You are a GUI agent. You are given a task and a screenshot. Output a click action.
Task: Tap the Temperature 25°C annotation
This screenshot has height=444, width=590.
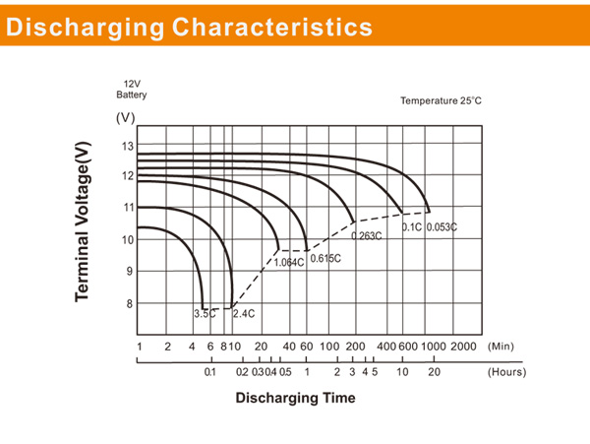(441, 101)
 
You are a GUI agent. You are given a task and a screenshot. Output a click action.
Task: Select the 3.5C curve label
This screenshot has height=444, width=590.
(204, 314)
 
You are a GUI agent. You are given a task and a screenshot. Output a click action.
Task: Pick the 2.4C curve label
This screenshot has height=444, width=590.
(243, 314)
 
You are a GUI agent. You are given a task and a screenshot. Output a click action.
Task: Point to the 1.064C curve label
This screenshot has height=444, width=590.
(288, 262)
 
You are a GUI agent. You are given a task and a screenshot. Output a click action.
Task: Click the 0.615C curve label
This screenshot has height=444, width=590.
(325, 259)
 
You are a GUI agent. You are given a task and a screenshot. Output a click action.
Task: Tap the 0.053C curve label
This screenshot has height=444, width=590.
(442, 227)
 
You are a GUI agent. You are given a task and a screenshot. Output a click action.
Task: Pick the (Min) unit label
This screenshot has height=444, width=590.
(501, 347)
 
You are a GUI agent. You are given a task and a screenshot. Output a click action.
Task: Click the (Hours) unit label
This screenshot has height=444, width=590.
(506, 373)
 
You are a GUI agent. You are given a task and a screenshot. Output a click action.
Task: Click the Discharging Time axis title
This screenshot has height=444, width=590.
(295, 399)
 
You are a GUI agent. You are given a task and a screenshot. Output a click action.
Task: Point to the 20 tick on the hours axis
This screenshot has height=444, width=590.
(434, 373)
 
